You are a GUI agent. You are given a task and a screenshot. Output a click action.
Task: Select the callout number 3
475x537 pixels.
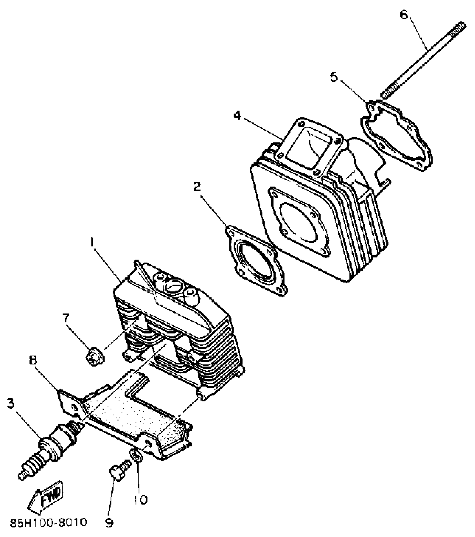coord(11,403)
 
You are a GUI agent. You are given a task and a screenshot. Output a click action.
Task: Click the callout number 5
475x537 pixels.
coord(334,77)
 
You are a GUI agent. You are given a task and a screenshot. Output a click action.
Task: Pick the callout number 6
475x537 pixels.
coord(404,15)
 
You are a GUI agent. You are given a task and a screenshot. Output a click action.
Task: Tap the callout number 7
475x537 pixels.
coord(66,318)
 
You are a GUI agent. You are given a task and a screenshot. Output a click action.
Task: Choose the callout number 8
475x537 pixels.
coord(33,360)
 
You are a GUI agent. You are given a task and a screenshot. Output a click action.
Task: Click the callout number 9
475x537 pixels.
coord(109,522)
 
